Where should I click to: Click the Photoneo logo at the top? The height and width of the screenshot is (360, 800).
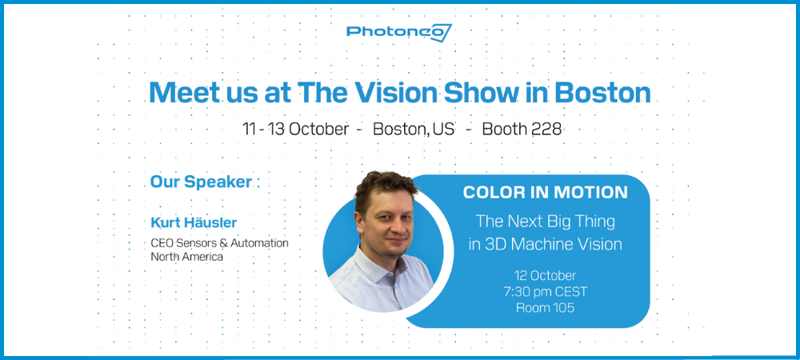pyautogui.click(x=399, y=32)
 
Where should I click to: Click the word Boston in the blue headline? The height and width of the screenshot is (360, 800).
pyautogui.click(x=602, y=93)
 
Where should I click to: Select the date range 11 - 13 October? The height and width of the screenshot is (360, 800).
pyautogui.click(x=296, y=130)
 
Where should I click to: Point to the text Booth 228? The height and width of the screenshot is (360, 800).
pyautogui.click(x=522, y=130)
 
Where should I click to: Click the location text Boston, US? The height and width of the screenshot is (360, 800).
pyautogui.click(x=414, y=130)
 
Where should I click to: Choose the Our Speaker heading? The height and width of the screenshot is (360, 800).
pyautogui.click(x=201, y=182)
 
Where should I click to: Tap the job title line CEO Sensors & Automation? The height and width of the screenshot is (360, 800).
pyautogui.click(x=219, y=243)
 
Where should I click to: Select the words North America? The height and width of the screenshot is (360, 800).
pyautogui.click(x=186, y=257)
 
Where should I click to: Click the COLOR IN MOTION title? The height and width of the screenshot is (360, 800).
pyautogui.click(x=546, y=192)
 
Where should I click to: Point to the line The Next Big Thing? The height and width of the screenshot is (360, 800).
pyautogui.click(x=546, y=222)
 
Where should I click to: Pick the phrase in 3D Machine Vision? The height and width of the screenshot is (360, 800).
pyautogui.click(x=546, y=244)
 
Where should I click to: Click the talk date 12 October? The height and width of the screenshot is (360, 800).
pyautogui.click(x=546, y=276)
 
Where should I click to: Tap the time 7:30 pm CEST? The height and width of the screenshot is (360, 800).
pyautogui.click(x=546, y=292)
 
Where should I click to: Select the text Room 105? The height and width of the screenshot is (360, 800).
pyautogui.click(x=546, y=308)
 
